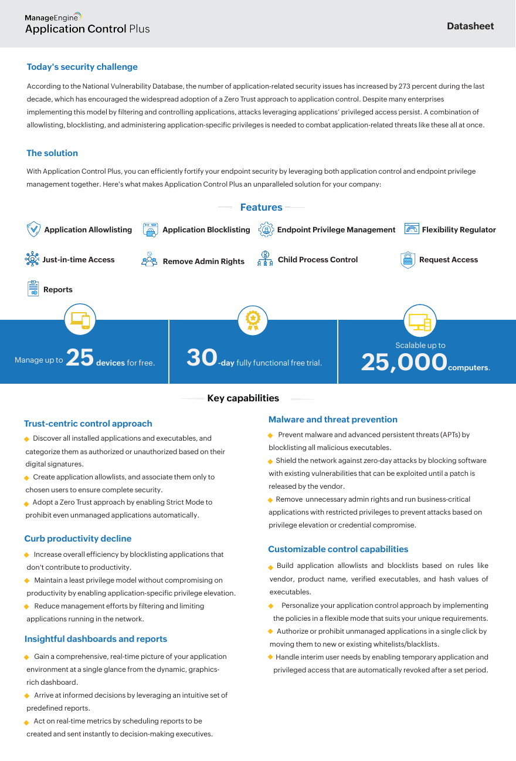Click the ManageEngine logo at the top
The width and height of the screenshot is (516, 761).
point(53,17)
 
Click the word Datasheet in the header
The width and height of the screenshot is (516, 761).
point(470,26)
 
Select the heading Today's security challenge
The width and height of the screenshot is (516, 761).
point(82,67)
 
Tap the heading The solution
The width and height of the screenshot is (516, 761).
point(52,153)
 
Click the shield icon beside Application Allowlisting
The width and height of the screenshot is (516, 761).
point(33,229)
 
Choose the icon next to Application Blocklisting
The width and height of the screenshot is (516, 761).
point(150,229)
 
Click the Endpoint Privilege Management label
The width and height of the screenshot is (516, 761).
point(336,230)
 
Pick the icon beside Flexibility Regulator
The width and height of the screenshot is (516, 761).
point(412,229)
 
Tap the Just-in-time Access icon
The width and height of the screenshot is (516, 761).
point(32,259)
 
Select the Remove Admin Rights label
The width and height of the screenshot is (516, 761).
point(203,262)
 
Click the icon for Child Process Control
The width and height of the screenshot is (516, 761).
point(265,259)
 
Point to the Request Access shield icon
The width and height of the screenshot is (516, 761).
point(408,260)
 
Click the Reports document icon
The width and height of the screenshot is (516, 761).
point(33,289)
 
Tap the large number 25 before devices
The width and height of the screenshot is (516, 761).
point(80,357)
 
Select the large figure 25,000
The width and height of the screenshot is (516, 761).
point(404,362)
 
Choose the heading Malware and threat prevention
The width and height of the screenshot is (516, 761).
point(332,420)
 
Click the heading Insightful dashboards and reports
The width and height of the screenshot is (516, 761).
point(96,639)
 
